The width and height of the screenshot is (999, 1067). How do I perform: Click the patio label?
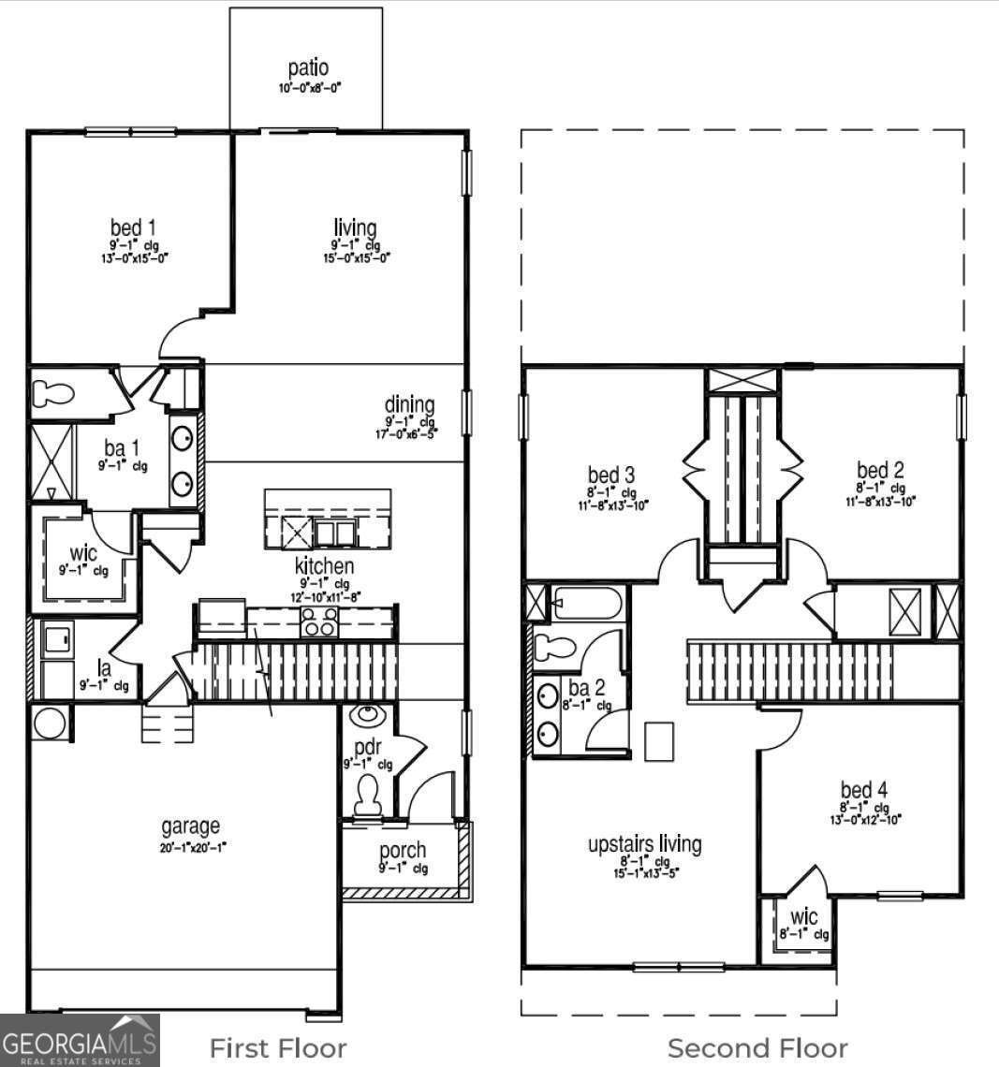pos(308,68)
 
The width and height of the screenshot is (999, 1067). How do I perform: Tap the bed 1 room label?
pos(133,227)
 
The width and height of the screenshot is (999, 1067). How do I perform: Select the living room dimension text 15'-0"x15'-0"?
pos(355,257)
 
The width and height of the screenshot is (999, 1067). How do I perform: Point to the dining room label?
pos(409,404)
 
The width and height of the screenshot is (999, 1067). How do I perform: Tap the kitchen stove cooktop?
pos(318,621)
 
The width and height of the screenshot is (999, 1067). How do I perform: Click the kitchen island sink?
pos(334,533)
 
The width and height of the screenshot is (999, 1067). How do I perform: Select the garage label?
pos(190,826)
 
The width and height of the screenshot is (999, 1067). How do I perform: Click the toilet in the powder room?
pos(367,796)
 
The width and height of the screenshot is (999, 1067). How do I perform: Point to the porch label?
pos(403,850)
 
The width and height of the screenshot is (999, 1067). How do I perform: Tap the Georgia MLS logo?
pos(81,1041)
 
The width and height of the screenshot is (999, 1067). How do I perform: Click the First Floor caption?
pos(277,1047)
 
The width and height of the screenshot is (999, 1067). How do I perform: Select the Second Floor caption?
pos(757,1048)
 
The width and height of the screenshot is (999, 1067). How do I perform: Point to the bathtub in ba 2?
pos(584,604)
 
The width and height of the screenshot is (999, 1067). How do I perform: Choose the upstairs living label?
pos(644,843)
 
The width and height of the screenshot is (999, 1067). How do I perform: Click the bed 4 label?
pos(863,790)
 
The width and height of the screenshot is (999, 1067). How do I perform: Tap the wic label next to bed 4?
pos(803,916)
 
